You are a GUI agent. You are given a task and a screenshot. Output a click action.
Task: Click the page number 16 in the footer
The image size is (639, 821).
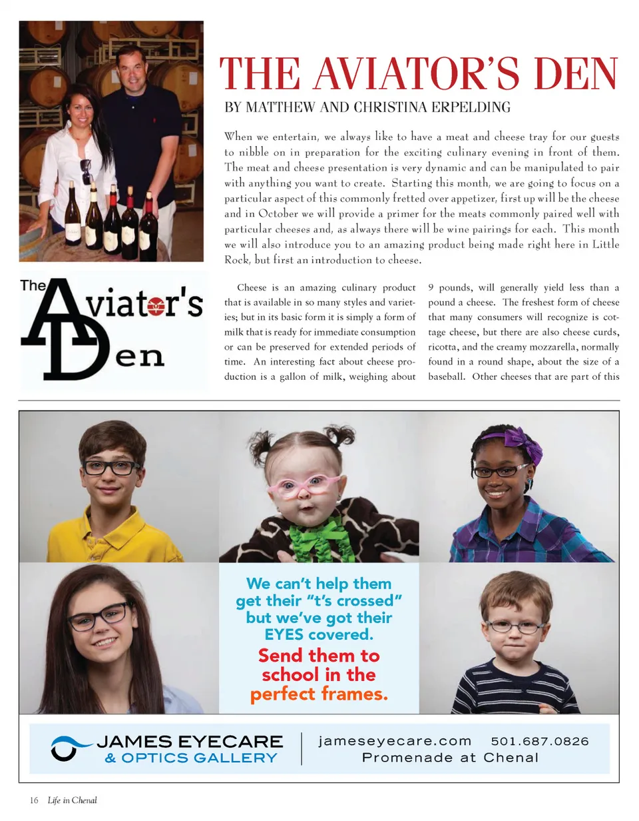pos(34,800)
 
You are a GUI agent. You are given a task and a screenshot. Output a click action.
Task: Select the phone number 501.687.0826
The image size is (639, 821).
pos(540,740)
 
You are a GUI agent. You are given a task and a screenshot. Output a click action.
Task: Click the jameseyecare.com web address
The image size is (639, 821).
pos(395,740)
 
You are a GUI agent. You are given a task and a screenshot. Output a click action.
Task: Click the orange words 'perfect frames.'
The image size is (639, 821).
pos(319,694)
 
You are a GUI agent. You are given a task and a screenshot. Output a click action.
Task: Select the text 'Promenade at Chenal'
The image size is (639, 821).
pos(450,758)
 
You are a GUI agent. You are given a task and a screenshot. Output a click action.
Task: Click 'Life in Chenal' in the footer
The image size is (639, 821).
pos(72,800)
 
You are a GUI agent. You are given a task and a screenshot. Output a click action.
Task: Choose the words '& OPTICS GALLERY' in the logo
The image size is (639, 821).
pos(190,758)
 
